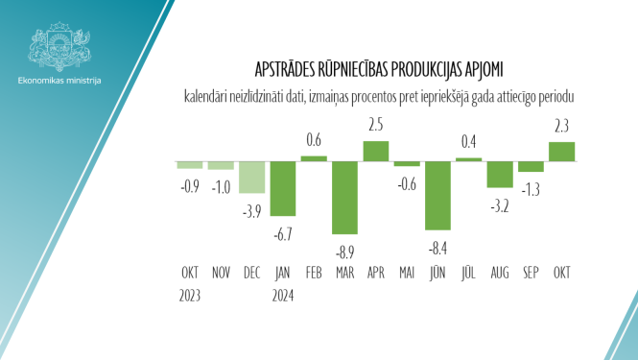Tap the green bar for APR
point(376,151)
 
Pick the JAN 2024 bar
point(283,188)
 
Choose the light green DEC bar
point(252,177)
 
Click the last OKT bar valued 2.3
point(561,152)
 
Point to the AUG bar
point(500,174)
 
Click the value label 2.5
point(376,125)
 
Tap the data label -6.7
point(283,233)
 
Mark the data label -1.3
point(531,188)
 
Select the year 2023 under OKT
point(190,295)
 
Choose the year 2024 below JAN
point(283,295)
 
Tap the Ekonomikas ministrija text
point(59,80)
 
